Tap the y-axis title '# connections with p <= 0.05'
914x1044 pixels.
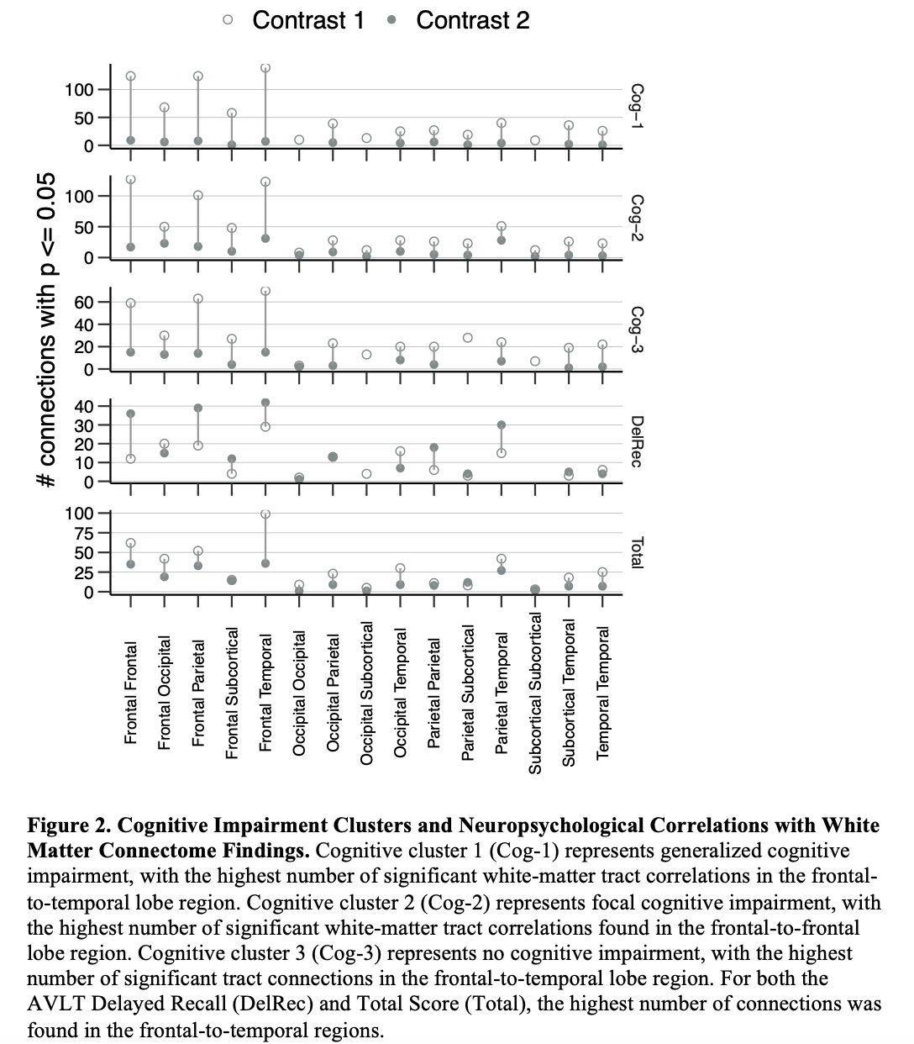50,330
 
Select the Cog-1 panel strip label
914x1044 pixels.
636,106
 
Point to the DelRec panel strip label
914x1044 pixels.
636,441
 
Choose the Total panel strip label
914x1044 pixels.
636,552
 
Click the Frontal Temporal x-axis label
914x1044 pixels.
265,693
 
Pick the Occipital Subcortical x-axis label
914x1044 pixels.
366,693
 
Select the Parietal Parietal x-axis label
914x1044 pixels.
433,693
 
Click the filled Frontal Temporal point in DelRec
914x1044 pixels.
265,403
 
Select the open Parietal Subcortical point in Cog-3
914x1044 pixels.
467,338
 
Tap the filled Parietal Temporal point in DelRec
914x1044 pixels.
501,424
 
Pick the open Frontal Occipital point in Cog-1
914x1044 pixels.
165,108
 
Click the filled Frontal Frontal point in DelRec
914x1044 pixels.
131,414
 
